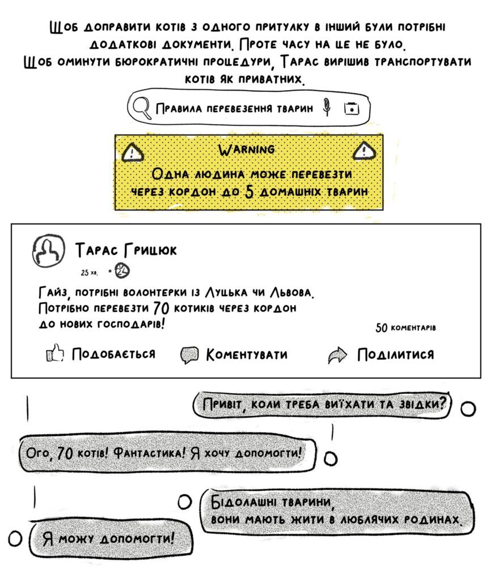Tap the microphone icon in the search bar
click(x=326, y=107)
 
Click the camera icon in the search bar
click(x=352, y=108)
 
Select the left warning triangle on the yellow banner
click(x=133, y=153)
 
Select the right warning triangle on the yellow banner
click(x=365, y=151)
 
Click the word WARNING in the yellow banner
click(x=247, y=150)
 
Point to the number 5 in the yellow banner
click(x=250, y=192)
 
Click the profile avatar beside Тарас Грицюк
click(x=48, y=251)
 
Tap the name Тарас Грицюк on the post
click(x=126, y=250)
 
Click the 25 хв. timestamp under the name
click(x=89, y=273)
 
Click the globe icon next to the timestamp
click(x=122, y=271)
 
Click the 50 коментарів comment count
click(x=406, y=327)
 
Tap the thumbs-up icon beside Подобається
click(x=55, y=353)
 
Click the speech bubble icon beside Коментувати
click(x=189, y=355)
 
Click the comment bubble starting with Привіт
click(x=322, y=405)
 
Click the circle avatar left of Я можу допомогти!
click(x=15, y=539)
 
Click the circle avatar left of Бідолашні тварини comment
click(x=185, y=502)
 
